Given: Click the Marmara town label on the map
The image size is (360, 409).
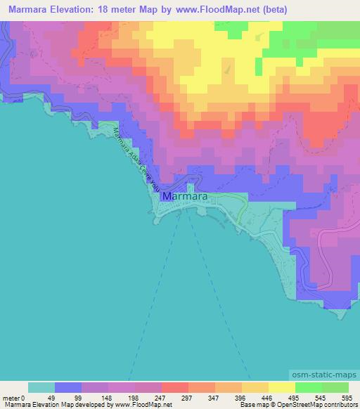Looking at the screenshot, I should (184, 197).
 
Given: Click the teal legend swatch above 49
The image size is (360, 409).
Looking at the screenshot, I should (41, 387).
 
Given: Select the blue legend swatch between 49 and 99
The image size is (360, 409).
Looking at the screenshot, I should (68, 387).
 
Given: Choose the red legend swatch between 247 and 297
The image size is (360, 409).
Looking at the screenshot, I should (175, 387).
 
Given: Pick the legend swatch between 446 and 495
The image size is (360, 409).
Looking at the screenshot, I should (282, 387).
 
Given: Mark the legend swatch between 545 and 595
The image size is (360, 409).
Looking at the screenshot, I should (335, 387).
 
